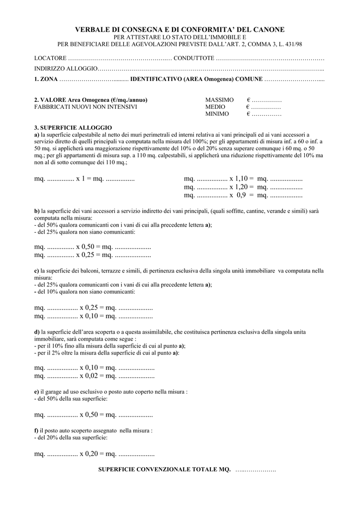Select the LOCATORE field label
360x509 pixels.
click(x=50, y=58)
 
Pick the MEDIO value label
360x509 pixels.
click(x=215, y=107)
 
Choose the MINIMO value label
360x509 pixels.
click(x=217, y=114)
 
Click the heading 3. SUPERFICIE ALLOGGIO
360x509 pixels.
click(x=73, y=128)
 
